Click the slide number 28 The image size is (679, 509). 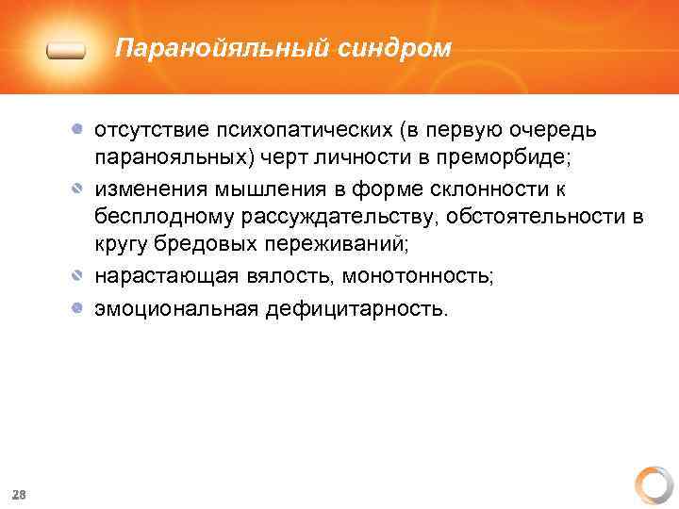19,494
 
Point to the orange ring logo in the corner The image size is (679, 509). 653,484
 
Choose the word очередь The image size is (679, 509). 555,129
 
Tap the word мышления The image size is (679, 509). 282,189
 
